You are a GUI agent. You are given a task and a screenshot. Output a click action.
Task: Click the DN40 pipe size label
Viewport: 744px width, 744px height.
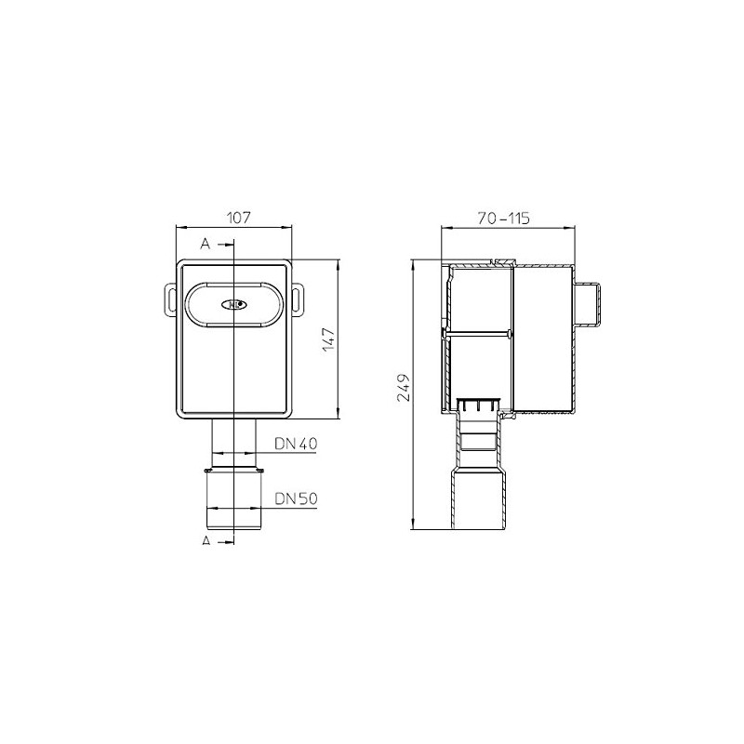[298, 445]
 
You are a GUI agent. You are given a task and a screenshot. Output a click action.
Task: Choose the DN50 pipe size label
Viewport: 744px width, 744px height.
[298, 498]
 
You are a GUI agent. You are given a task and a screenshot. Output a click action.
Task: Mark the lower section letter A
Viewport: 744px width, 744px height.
[206, 539]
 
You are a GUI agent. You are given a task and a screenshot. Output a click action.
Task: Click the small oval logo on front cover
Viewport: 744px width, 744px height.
[233, 303]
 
